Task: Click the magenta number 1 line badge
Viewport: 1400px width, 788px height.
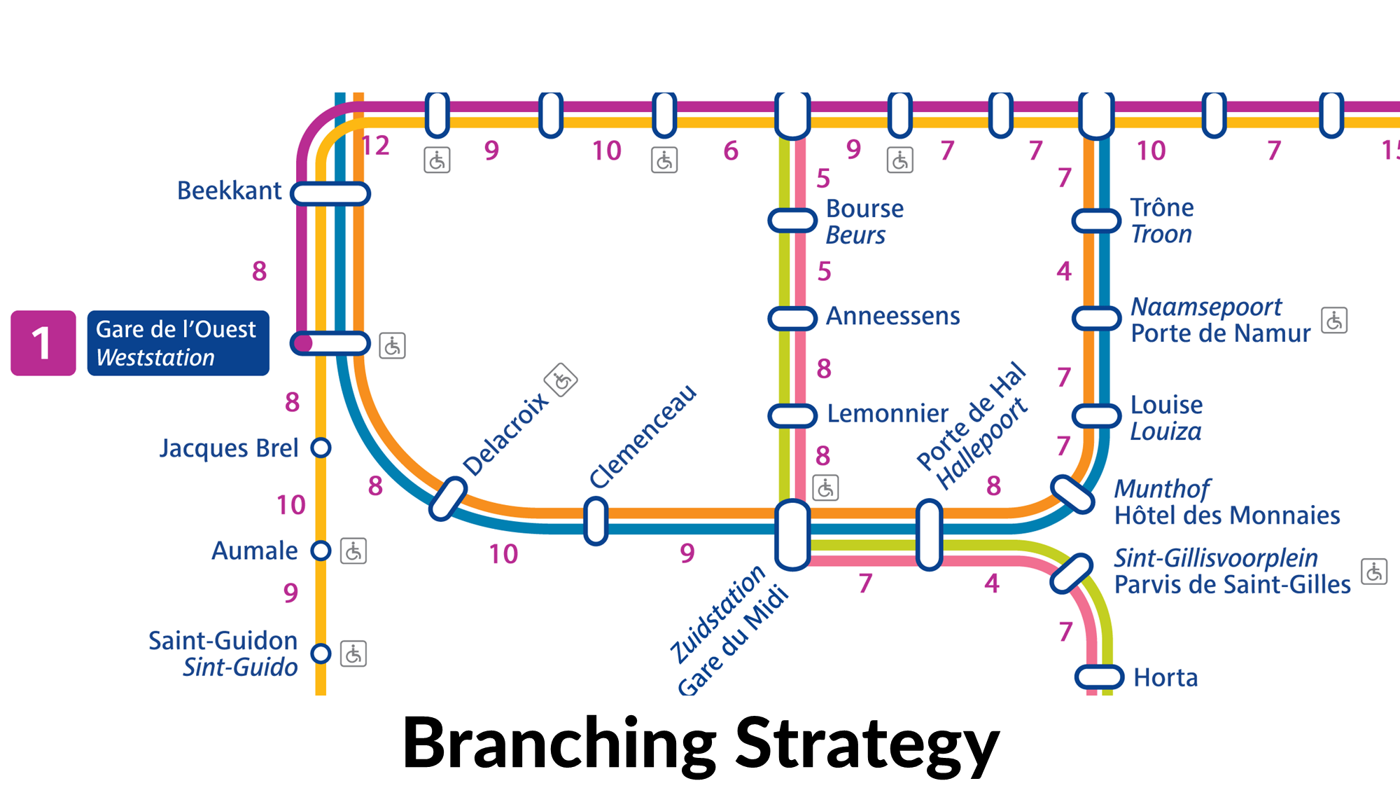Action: [x=43, y=343]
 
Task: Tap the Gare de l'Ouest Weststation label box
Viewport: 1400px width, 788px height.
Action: [x=178, y=343]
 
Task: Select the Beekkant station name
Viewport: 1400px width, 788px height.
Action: [x=229, y=191]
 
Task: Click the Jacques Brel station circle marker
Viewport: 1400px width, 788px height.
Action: [x=321, y=448]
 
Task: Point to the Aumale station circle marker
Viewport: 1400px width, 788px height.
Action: [x=321, y=551]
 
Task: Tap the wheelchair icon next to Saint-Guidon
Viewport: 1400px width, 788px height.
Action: [x=353, y=654]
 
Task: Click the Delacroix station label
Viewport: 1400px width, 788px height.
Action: [x=505, y=434]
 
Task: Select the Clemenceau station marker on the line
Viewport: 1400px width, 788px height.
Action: [x=596, y=521]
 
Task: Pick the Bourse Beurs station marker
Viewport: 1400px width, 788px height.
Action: [x=792, y=220]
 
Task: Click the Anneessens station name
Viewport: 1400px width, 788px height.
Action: [x=892, y=316]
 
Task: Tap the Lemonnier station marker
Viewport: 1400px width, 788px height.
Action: [x=792, y=415]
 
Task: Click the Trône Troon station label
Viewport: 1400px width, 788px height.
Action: [x=1162, y=221]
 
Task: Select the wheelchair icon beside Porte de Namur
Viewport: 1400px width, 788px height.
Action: [x=1334, y=320]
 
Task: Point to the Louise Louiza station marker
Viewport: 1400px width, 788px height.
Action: [x=1097, y=415]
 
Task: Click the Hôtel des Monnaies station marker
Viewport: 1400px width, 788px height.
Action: [x=1072, y=495]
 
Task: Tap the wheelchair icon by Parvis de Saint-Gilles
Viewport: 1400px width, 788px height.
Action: [x=1374, y=572]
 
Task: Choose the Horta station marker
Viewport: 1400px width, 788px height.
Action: [x=1099, y=677]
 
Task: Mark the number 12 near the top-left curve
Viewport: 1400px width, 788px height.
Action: [x=375, y=146]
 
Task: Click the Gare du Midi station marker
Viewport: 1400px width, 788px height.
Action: [x=792, y=535]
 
